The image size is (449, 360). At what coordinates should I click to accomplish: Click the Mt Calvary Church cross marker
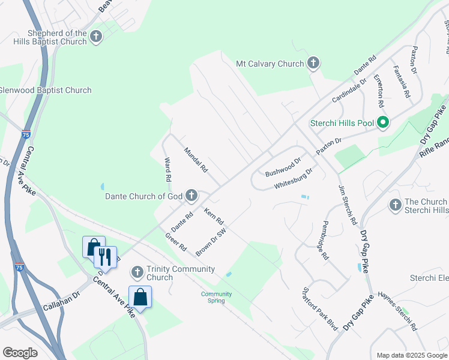click(x=313, y=63)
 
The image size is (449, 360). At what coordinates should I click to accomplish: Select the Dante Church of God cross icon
click(x=191, y=196)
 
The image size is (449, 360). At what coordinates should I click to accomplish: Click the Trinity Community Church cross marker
click(x=137, y=272)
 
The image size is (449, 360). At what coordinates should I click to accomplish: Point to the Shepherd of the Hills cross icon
click(x=95, y=37)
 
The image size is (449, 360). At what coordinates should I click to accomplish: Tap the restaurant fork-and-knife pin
click(x=106, y=257)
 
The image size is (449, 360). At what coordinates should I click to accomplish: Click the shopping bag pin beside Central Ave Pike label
click(x=140, y=297)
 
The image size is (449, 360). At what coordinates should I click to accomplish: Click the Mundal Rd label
click(x=196, y=160)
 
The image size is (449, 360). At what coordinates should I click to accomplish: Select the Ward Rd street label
click(x=168, y=169)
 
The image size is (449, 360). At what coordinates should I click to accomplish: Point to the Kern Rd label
click(x=214, y=217)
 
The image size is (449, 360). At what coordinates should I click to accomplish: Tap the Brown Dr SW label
click(x=211, y=242)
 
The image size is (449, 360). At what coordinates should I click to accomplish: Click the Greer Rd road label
click(x=176, y=241)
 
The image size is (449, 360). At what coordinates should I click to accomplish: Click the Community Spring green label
click(x=216, y=297)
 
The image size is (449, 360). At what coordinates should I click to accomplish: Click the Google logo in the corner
click(x=20, y=353)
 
